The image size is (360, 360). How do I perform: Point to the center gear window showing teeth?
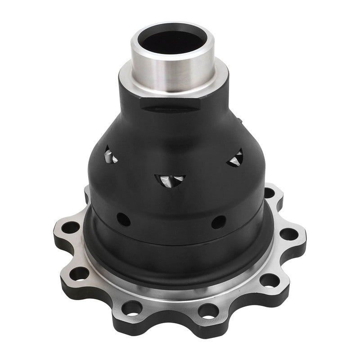click(171, 180)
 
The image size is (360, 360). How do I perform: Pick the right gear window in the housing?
click(235, 158)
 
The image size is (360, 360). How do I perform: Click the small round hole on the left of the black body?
click(123, 219)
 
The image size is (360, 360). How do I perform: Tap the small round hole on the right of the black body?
click(219, 222)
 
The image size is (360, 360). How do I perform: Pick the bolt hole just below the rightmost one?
click(269, 280)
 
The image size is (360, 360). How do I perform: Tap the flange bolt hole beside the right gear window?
click(269, 193)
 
